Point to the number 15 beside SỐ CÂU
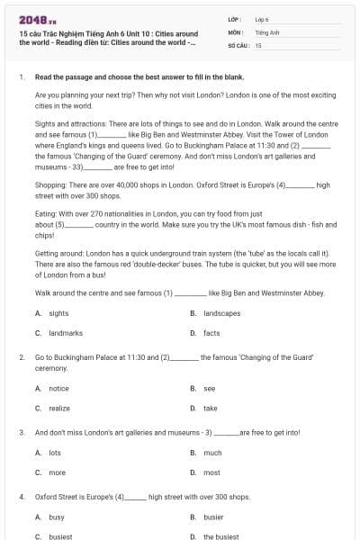(x=258, y=44)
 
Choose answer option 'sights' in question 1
(x=58, y=313)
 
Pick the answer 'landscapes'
(x=221, y=313)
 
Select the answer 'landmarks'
(x=66, y=333)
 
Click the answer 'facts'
(x=211, y=333)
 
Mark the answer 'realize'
(x=59, y=408)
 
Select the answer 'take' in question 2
(x=210, y=408)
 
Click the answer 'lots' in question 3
(x=55, y=453)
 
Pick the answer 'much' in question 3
(x=212, y=453)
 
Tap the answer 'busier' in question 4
(x=214, y=517)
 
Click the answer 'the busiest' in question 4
(x=220, y=536)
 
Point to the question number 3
(x=21, y=433)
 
